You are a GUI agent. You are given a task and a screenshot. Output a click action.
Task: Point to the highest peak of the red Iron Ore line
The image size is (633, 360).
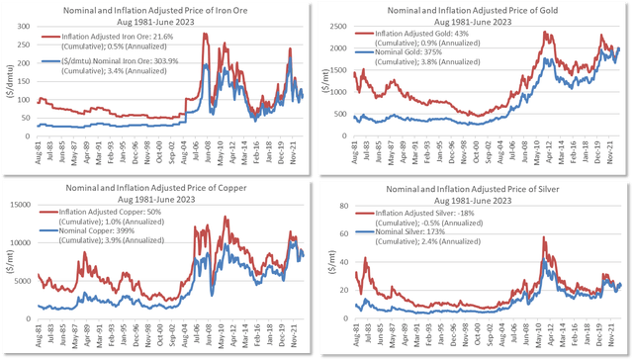tap(205, 35)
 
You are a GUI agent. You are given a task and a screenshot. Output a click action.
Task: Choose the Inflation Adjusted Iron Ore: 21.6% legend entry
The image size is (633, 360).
tap(99, 37)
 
